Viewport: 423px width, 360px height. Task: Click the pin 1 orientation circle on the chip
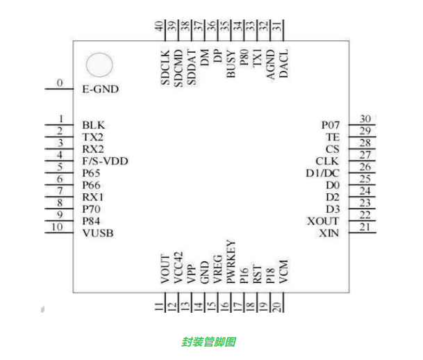[98, 65]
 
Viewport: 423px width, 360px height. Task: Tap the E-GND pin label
[101, 89]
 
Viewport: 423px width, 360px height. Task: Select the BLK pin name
[93, 125]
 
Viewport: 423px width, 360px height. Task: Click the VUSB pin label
[97, 233]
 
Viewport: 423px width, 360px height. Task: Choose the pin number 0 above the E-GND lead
[60, 83]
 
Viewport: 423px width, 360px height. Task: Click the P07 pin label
[331, 124]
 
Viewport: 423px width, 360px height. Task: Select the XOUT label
[324, 221]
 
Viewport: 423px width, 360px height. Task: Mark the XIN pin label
[329, 233]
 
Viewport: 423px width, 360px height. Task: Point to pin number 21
[365, 227]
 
